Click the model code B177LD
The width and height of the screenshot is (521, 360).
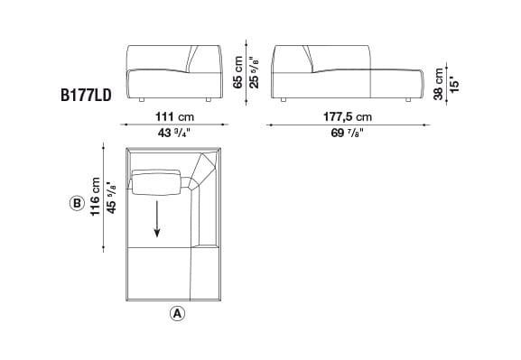[x=86, y=94]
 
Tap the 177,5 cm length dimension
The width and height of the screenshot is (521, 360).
[x=347, y=117]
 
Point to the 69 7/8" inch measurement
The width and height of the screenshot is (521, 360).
[x=347, y=134]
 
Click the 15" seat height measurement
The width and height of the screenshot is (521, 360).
[x=454, y=83]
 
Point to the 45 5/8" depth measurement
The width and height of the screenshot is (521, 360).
[x=111, y=196]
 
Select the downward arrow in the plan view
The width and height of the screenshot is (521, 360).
[x=157, y=219]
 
